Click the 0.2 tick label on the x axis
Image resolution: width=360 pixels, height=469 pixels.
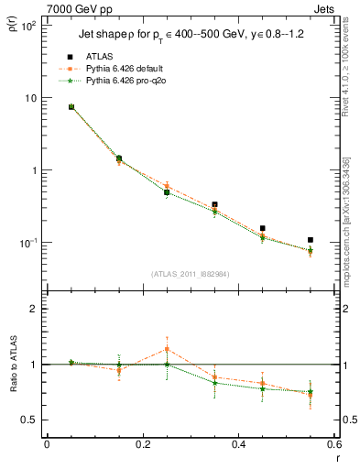click(142, 445)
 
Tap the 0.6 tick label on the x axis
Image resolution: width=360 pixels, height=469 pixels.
click(333, 445)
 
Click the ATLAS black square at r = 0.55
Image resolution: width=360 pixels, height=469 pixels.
click(311, 240)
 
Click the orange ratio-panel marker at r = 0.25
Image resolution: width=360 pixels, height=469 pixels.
click(167, 349)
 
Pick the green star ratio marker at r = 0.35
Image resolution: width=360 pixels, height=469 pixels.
click(214, 382)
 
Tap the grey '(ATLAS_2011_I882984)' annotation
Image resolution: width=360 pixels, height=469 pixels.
click(191, 274)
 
